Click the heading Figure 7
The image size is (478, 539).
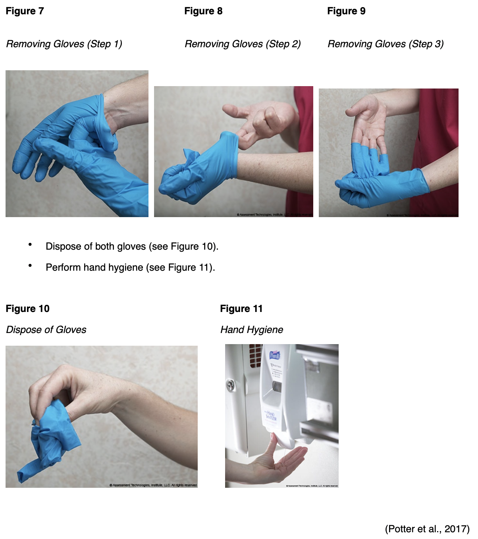25,11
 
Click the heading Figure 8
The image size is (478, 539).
203,11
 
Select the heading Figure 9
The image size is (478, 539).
346,11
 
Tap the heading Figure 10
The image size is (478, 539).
27,309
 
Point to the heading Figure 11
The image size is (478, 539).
241,309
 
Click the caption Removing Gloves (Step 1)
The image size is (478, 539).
64,44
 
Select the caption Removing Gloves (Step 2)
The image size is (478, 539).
243,44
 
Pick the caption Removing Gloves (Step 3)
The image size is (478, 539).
385,44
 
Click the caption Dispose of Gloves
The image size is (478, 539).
46,330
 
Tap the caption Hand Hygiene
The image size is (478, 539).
252,330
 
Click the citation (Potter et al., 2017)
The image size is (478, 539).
427,529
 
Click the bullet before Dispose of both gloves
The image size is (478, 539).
30,245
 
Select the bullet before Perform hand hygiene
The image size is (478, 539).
30,266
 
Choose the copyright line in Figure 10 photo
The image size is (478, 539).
153,485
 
